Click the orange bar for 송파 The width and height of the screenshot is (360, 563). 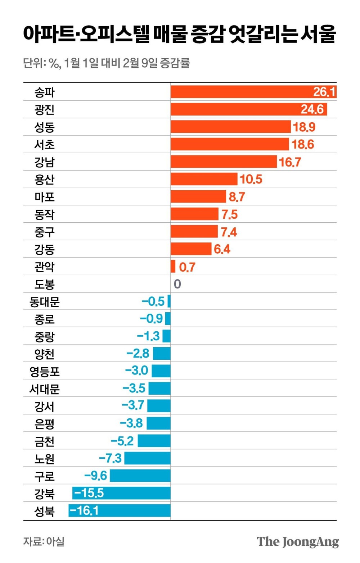241,92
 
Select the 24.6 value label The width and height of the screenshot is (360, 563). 312,109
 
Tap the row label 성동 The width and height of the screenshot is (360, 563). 44,127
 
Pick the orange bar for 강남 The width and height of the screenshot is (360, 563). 223,162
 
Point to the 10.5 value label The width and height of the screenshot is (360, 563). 251,179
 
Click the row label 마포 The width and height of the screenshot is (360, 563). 44,197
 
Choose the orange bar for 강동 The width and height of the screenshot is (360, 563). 191,249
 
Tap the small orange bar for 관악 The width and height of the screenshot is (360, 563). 173,267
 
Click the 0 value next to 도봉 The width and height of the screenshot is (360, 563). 177,284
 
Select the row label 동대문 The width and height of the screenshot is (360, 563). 44,301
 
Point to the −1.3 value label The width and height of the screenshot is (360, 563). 148,336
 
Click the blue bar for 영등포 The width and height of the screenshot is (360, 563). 161,371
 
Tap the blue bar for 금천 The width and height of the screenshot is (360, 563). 154,441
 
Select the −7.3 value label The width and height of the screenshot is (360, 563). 110,458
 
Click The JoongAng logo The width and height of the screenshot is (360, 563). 298,542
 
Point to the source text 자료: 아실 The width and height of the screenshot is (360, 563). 44,541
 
